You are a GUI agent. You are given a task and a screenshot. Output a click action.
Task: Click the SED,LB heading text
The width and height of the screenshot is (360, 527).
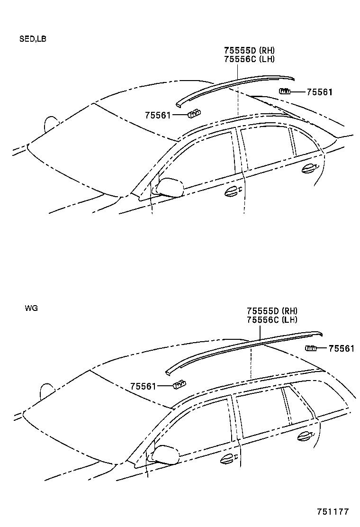click(33, 39)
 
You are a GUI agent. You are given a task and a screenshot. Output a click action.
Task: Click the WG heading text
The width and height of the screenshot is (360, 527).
click(31, 308)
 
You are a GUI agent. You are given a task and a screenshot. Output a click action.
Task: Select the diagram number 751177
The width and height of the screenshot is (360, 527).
click(333, 512)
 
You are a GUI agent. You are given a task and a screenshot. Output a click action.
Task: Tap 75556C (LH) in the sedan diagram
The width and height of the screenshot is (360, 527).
click(249, 59)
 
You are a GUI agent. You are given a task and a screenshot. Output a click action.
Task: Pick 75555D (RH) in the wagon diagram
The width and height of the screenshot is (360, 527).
click(272, 311)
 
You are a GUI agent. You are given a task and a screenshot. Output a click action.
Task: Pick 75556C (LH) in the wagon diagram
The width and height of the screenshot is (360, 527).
click(272, 320)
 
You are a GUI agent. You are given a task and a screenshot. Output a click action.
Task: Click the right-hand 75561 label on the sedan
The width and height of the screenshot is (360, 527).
click(320, 92)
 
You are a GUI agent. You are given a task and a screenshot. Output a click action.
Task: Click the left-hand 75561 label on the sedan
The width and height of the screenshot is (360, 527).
click(158, 115)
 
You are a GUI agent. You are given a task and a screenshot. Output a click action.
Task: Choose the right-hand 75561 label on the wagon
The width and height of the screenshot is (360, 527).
click(342, 349)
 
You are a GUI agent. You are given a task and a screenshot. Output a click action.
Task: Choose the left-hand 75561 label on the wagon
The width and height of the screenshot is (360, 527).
click(143, 386)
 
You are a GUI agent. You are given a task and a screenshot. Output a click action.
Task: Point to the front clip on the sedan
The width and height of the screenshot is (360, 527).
click(194, 113)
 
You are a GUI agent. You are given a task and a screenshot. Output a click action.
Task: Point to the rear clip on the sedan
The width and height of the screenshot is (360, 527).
click(285, 91)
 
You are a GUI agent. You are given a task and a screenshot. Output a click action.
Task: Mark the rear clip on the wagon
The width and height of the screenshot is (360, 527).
click(311, 349)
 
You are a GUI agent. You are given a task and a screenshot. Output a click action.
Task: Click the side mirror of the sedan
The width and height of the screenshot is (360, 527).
click(170, 187)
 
